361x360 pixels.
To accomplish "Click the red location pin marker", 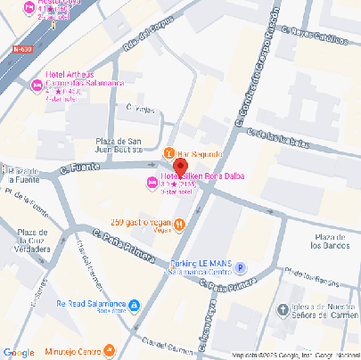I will click(x=179, y=168).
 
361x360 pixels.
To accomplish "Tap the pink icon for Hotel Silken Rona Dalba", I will click(x=151, y=184).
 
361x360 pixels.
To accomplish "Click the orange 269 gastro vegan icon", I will click(x=180, y=224).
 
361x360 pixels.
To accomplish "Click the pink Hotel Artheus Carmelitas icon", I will click(x=37, y=86).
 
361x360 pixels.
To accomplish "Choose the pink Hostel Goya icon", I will click(x=29, y=9).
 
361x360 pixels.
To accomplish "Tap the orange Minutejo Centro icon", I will click(x=110, y=350).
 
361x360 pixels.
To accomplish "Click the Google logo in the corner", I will click(x=19, y=351).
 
